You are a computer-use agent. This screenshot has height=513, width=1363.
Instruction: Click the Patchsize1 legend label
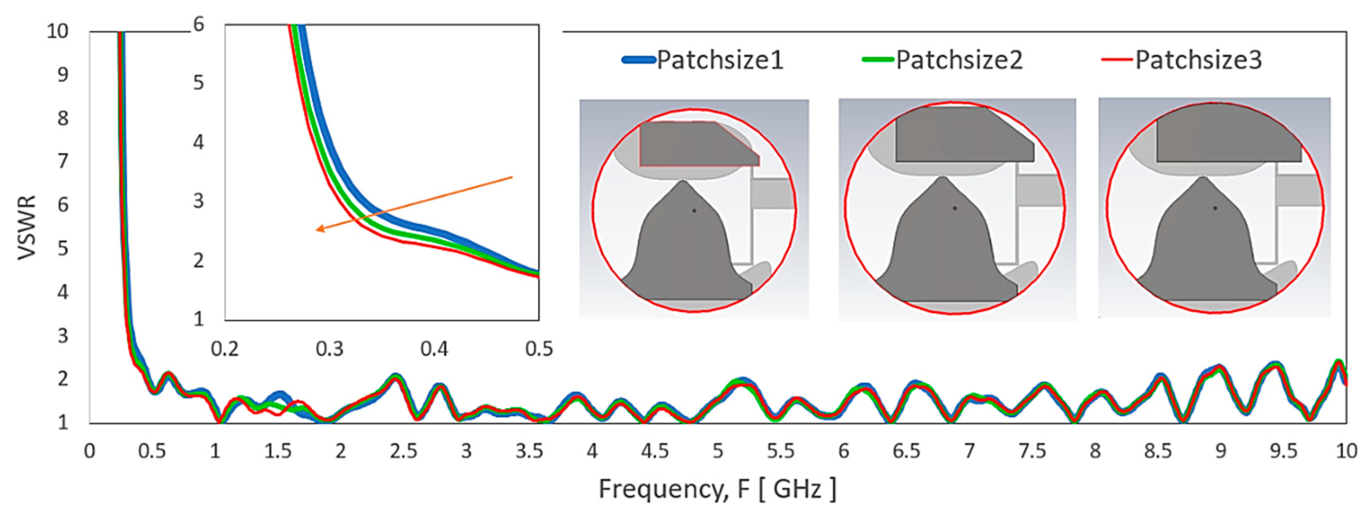(x=719, y=60)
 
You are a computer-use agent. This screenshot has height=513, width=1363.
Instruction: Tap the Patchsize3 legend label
(x=1198, y=60)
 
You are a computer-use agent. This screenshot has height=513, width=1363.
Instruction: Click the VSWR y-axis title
(x=27, y=227)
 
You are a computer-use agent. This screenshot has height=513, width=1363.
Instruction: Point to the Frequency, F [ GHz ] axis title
(x=717, y=489)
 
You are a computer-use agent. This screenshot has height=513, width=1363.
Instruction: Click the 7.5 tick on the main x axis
(x=1032, y=451)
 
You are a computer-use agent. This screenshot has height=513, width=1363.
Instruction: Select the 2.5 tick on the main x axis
(x=403, y=451)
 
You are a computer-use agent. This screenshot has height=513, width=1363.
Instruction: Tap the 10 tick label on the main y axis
(x=57, y=31)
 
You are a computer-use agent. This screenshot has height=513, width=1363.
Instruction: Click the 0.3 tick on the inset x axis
(x=329, y=349)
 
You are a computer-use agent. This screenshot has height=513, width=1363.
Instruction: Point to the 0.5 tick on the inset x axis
(x=539, y=349)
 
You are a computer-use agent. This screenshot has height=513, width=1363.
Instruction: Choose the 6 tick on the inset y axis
(x=198, y=24)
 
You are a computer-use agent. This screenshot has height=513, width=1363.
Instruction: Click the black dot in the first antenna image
(x=694, y=211)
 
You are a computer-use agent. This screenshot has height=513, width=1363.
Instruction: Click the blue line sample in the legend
(x=639, y=60)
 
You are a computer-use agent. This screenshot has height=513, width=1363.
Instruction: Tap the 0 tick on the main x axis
(x=90, y=451)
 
